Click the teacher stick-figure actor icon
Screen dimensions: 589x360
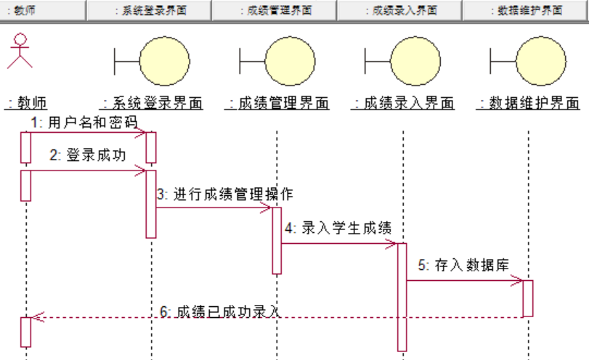pyautogui.click(x=20, y=51)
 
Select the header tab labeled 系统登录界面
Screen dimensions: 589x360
pyautogui.click(x=149, y=10)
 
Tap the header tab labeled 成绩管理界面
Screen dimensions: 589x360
pyautogui.click(x=275, y=10)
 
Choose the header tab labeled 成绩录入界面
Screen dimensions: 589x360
pyautogui.click(x=400, y=10)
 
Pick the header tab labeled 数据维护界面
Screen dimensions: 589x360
pyautogui.click(x=526, y=10)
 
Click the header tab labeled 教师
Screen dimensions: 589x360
pyautogui.click(x=43, y=10)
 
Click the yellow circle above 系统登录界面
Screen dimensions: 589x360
pyautogui.click(x=165, y=61)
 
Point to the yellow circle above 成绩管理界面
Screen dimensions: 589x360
pyautogui.click(x=290, y=61)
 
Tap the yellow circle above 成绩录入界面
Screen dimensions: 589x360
pyautogui.click(x=415, y=61)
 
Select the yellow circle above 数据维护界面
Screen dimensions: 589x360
pyautogui.click(x=541, y=61)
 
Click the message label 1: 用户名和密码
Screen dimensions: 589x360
pyautogui.click(x=84, y=123)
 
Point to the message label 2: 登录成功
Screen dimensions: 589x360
pyautogui.click(x=88, y=155)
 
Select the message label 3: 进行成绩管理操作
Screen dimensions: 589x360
pyautogui.click(x=225, y=194)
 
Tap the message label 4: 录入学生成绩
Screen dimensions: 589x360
pyautogui.click(x=338, y=228)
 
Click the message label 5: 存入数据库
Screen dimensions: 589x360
pyautogui.click(x=463, y=265)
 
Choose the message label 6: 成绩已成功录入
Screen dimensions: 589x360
pyautogui.click(x=220, y=311)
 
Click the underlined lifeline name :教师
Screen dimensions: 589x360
pyautogui.click(x=26, y=103)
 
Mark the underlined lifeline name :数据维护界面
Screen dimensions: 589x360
pyautogui.click(x=529, y=103)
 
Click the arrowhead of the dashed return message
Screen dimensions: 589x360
pyautogui.click(x=32, y=318)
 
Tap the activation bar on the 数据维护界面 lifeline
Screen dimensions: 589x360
pyautogui.click(x=528, y=298)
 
